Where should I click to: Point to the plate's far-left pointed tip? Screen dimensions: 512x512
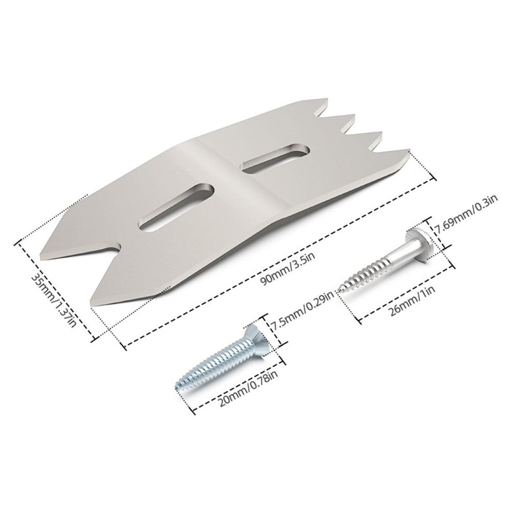click(x=40, y=252)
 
